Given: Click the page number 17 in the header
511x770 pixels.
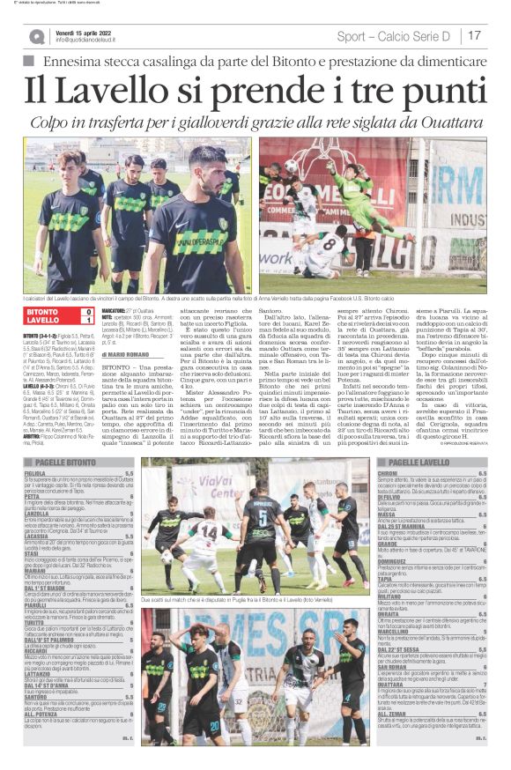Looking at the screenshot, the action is pyautogui.click(x=474, y=36).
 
